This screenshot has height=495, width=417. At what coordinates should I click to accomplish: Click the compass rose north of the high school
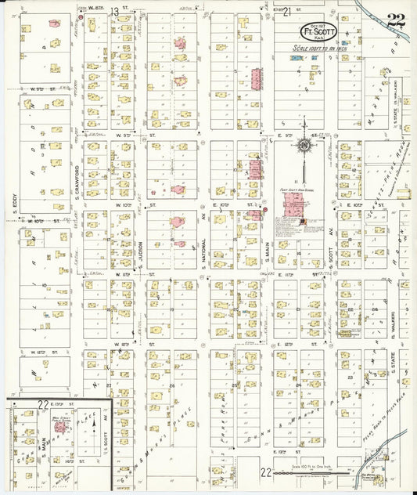[x=304, y=143]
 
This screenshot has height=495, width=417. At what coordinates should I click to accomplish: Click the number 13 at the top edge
[x=114, y=11]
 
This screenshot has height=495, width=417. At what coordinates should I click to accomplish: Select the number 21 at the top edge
[x=287, y=11]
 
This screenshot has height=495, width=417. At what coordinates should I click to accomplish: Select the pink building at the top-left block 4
[x=54, y=23]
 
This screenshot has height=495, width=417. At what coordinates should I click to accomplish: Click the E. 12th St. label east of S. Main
[x=308, y=342]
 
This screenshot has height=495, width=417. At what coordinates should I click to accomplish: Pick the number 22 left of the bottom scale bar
[x=266, y=472]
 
